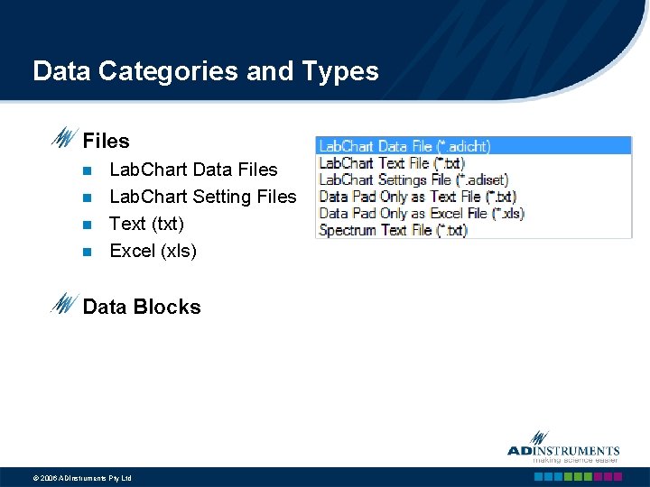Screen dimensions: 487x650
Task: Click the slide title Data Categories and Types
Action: point(205,71)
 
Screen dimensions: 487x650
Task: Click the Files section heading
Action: point(106,141)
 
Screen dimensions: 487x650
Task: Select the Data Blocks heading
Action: point(141,307)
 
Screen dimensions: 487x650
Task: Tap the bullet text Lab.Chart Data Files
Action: point(193,170)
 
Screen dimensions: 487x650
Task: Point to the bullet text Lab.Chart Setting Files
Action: point(202,197)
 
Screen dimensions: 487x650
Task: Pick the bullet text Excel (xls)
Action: point(153,251)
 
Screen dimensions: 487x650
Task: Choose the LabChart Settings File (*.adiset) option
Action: point(413,179)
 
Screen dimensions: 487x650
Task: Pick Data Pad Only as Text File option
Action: point(417,197)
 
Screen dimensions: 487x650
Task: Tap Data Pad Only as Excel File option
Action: point(422,214)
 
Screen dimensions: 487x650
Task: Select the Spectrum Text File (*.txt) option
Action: point(393,230)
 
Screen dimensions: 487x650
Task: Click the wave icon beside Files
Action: point(63,139)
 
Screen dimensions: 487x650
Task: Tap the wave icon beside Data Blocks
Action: point(63,305)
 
